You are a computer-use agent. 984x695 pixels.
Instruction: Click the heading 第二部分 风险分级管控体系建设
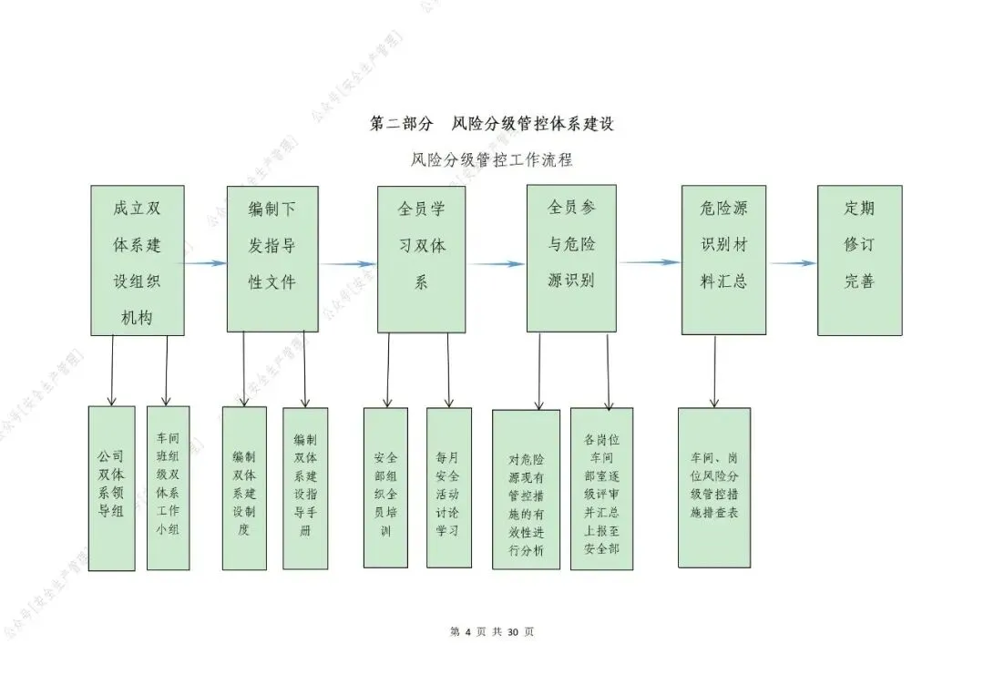click(491, 124)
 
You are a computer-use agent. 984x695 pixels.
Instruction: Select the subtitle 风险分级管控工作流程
click(491, 160)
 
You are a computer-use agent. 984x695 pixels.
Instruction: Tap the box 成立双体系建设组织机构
click(138, 261)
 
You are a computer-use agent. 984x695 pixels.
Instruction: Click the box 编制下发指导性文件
click(272, 259)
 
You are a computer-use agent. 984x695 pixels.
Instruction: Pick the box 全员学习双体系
click(421, 259)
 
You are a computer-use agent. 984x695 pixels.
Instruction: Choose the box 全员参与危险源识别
click(571, 258)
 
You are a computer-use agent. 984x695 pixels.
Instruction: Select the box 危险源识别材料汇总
click(723, 260)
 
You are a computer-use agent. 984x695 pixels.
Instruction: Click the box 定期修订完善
click(859, 260)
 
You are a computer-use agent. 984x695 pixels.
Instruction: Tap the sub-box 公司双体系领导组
click(111, 488)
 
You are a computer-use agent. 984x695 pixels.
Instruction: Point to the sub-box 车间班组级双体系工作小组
click(169, 488)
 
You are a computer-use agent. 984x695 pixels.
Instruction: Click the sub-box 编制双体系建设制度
click(244, 488)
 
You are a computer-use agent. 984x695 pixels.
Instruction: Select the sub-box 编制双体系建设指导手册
click(305, 488)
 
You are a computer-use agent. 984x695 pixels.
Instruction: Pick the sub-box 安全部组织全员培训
click(385, 488)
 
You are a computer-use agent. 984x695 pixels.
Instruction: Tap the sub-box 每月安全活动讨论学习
click(449, 488)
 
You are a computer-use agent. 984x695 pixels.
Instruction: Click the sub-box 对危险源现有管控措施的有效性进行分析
click(526, 489)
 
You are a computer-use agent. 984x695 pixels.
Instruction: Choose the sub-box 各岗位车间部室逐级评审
click(601, 489)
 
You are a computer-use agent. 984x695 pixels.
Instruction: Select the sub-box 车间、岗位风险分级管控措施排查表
click(714, 486)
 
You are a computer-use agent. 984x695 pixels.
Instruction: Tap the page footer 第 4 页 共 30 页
click(492, 632)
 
